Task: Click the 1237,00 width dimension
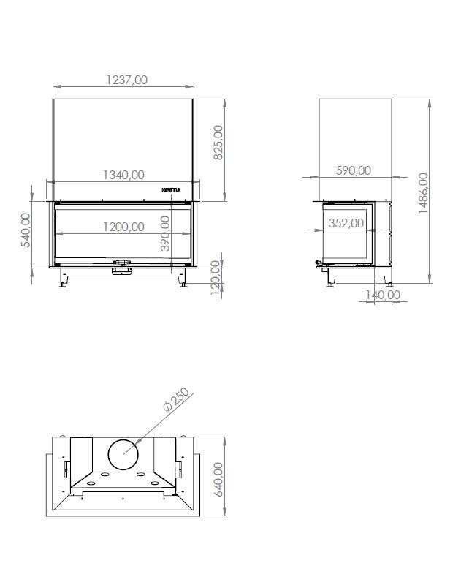(x=126, y=80)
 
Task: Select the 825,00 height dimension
(x=218, y=143)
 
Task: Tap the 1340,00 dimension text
(x=123, y=175)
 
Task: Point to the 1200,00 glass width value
(x=123, y=227)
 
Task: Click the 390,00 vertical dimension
(x=164, y=233)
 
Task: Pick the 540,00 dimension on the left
(x=26, y=230)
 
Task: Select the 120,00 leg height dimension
(x=216, y=278)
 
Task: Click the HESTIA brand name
(x=171, y=190)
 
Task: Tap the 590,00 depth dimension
(x=354, y=170)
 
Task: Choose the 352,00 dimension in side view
(x=346, y=223)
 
